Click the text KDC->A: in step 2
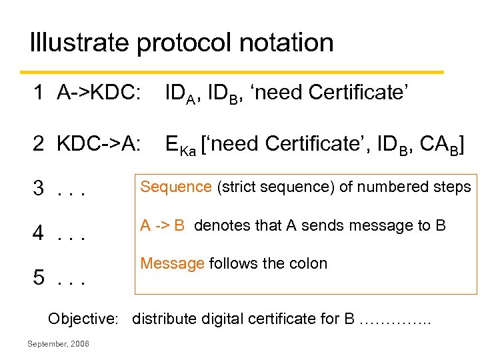[x=99, y=143]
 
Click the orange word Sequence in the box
[x=175, y=187]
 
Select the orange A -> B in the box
[x=163, y=225]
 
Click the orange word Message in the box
[x=172, y=263]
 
